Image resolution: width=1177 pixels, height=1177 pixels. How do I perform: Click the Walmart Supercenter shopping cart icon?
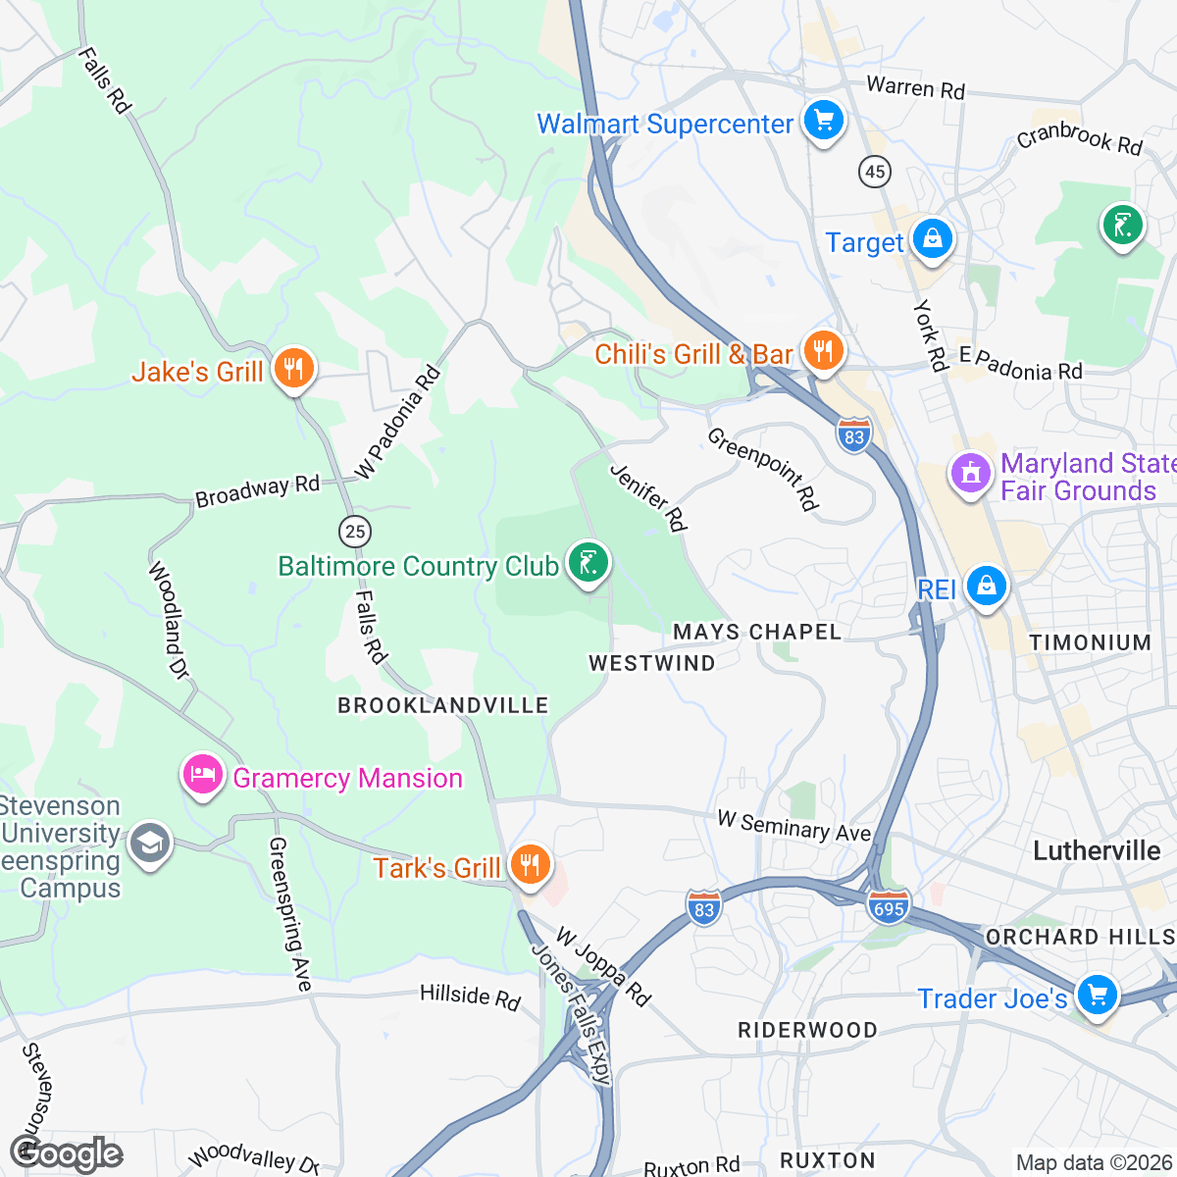[x=823, y=122]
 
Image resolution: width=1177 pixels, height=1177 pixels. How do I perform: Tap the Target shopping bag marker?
[x=932, y=239]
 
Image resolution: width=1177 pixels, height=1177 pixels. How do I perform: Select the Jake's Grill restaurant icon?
[x=292, y=370]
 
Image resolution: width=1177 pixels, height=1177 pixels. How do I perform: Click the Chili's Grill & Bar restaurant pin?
[x=823, y=350]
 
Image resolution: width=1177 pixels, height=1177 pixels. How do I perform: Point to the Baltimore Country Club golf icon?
[x=588, y=564]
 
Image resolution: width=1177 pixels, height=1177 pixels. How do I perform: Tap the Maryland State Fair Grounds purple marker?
[x=970, y=475]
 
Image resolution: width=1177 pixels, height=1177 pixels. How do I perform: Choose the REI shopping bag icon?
[x=986, y=587]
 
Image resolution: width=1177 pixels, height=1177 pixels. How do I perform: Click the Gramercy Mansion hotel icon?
[x=202, y=776]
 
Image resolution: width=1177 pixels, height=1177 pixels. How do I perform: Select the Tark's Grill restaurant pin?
[x=529, y=865]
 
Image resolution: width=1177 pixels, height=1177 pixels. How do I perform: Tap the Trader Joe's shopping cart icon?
[x=1096, y=997]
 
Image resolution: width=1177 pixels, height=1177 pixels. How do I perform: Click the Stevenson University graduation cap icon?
[x=150, y=844]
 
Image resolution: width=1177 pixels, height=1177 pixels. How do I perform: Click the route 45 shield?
[x=874, y=173]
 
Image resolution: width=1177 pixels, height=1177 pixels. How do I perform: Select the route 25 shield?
[x=355, y=532]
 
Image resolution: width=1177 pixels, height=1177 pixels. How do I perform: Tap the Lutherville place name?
[x=1096, y=850]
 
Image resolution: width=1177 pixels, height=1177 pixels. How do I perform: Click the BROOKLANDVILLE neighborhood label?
[x=442, y=706]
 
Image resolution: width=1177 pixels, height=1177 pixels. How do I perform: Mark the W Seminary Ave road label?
[x=793, y=826]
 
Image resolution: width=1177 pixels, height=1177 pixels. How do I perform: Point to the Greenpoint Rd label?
[x=763, y=469]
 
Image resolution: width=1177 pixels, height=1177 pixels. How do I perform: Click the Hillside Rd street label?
[x=470, y=997]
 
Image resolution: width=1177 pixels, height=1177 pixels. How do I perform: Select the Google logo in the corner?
[x=67, y=1153]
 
